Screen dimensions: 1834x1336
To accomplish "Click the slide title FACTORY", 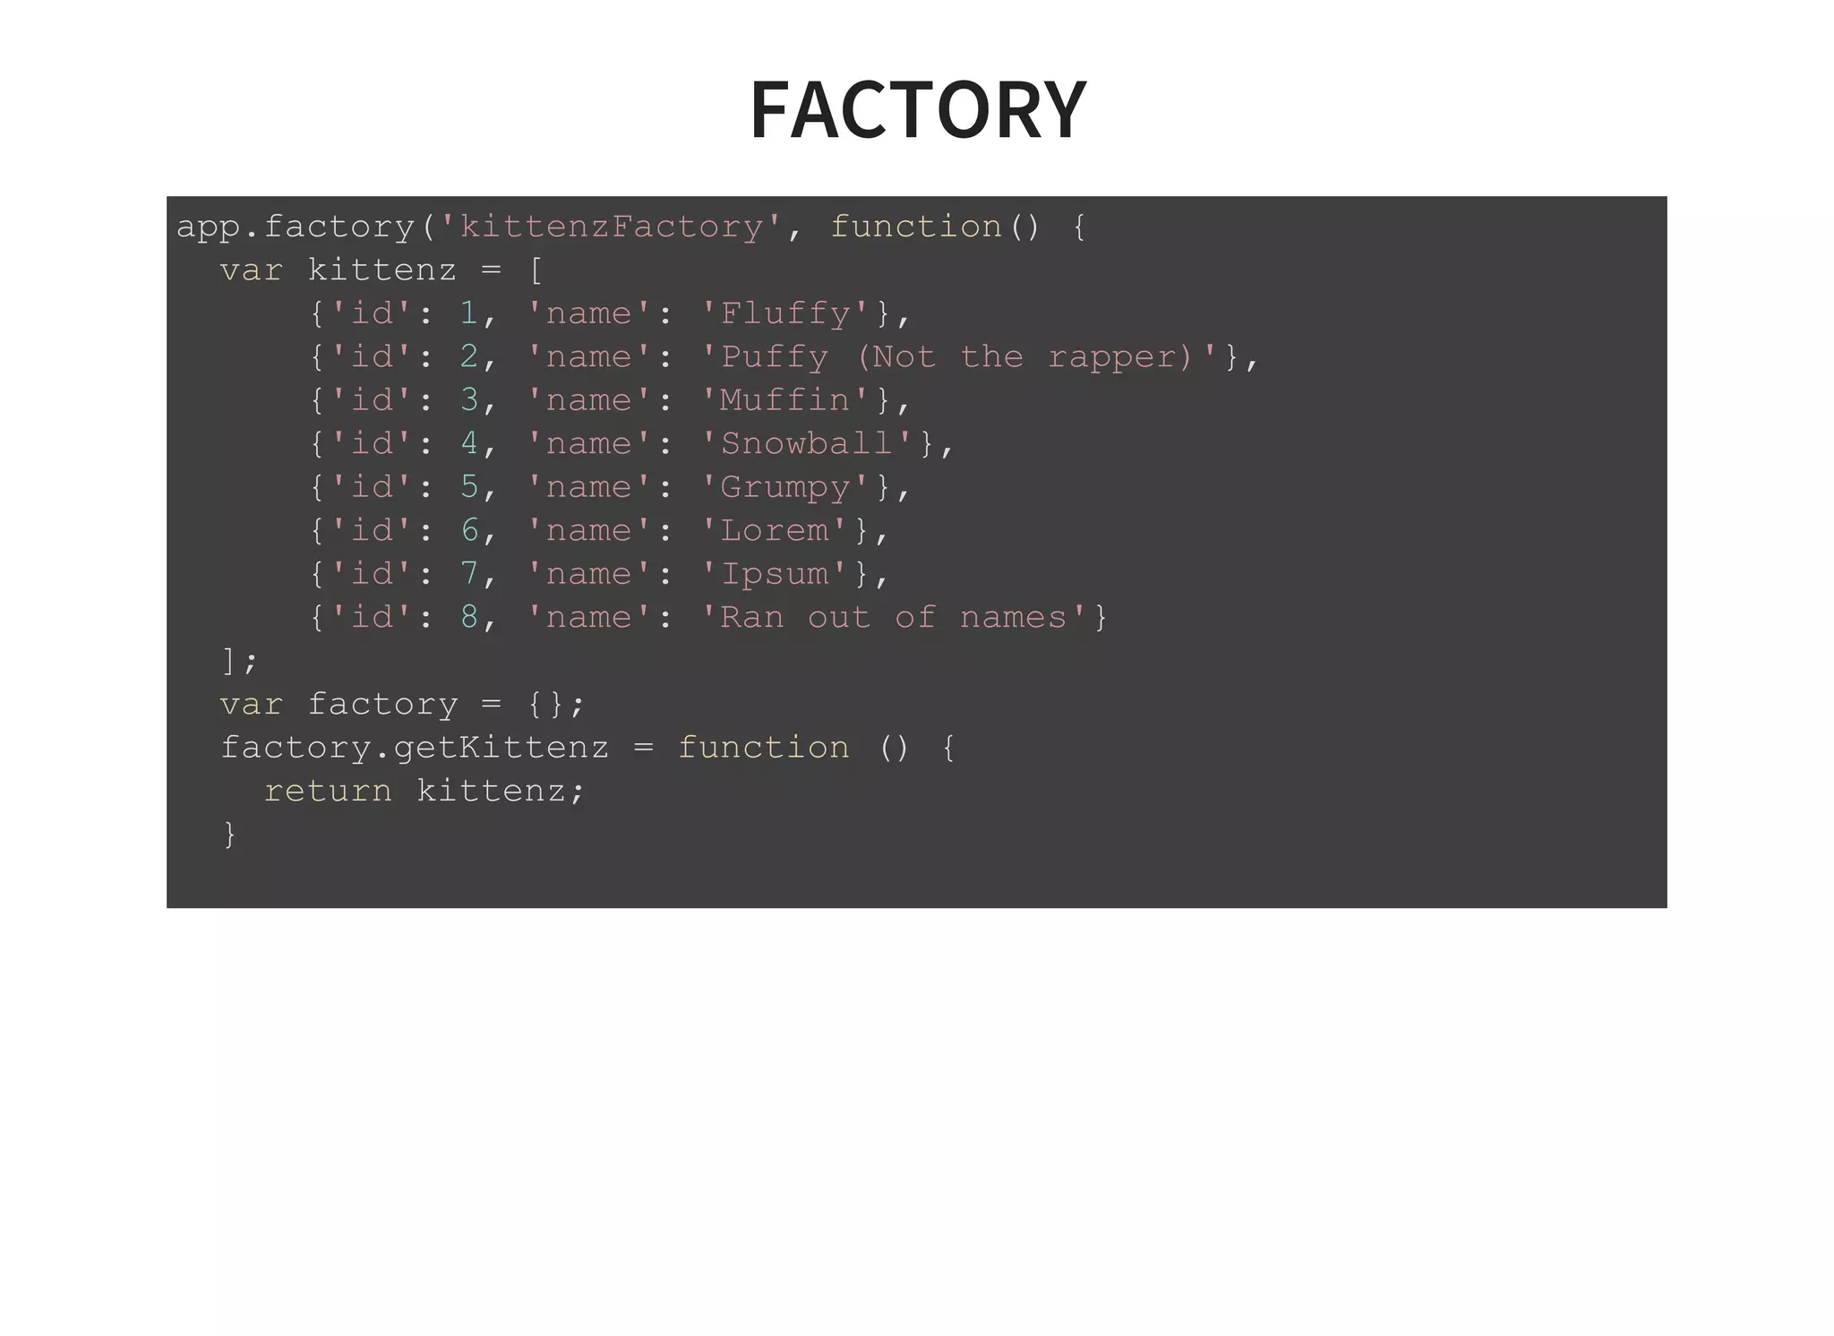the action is coord(918,109).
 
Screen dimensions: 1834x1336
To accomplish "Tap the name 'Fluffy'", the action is coord(785,313).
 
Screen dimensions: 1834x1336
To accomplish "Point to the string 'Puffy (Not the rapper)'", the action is coord(958,356).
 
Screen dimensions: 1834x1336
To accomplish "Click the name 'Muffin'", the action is coord(785,400).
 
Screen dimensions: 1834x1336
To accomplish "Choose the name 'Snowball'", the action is coord(807,443).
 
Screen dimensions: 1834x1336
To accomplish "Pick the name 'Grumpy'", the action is coord(785,487).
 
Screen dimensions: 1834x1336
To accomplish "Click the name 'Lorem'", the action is coord(775,530).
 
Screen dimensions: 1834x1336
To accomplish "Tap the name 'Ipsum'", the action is coord(775,574).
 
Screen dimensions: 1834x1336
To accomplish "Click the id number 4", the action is coord(469,443).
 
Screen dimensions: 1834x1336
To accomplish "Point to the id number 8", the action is coord(469,617).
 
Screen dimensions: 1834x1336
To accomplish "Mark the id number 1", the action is coord(469,313).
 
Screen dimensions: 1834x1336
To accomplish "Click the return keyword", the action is coord(328,791).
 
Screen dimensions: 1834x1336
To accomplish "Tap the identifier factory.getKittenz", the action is coord(415,748).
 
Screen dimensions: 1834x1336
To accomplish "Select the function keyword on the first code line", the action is coord(915,227).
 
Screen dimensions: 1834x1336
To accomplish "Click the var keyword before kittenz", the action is coord(251,270).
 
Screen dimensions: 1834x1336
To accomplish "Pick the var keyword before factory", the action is coord(251,705).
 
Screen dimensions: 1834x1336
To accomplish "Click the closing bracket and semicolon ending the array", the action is coord(239,662).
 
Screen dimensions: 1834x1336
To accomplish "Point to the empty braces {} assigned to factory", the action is coord(545,705).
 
